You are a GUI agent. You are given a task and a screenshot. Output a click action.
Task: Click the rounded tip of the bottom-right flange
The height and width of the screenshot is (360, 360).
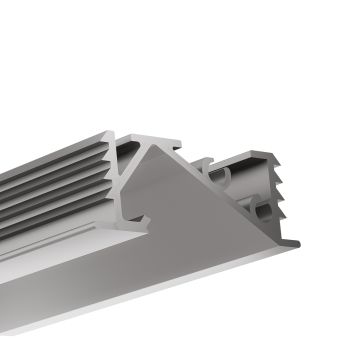coord(295,241)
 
